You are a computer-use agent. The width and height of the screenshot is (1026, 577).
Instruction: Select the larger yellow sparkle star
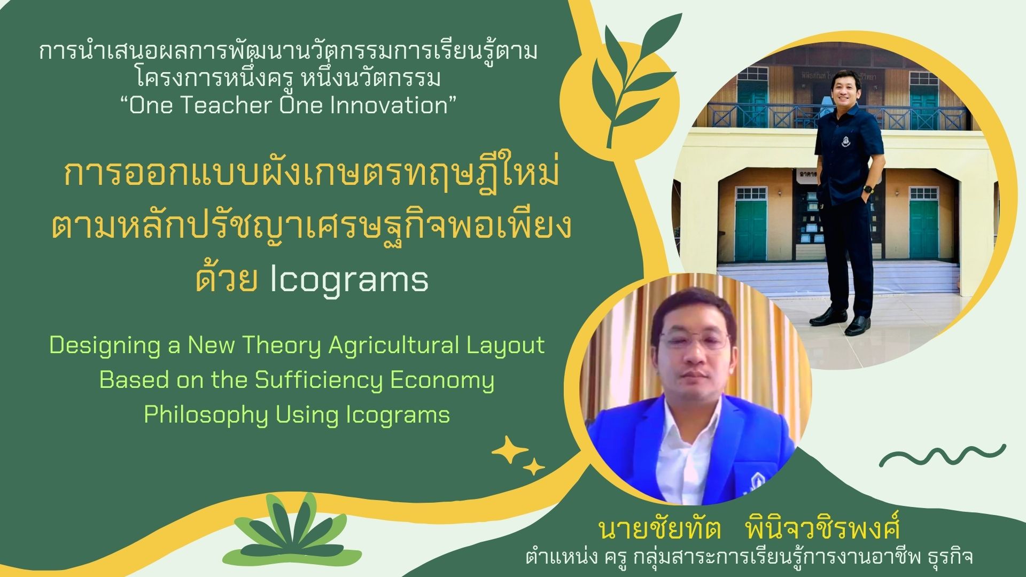coord(509,450)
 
